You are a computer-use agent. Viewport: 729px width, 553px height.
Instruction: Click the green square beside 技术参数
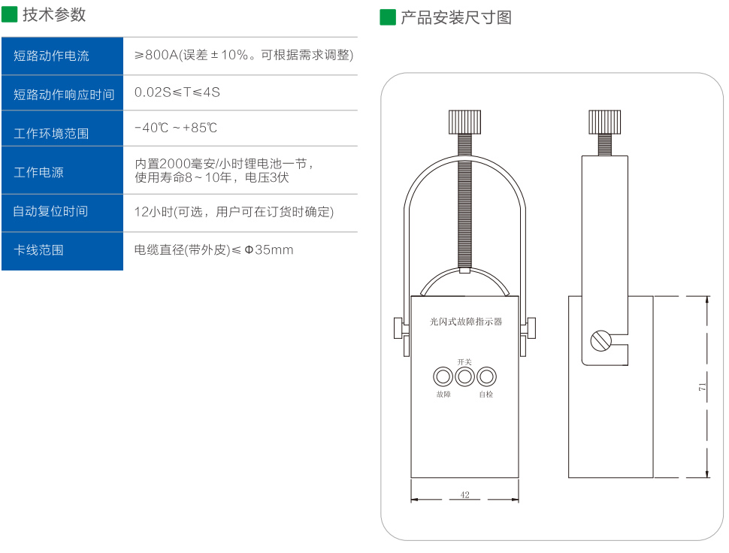pos(10,14)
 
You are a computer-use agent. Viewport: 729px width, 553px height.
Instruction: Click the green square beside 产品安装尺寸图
pos(388,17)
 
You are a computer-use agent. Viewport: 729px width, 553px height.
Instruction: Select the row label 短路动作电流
pos(51,56)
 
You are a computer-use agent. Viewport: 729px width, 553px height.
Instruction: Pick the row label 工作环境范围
pos(51,133)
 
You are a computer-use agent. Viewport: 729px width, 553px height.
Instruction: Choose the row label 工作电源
pos(38,172)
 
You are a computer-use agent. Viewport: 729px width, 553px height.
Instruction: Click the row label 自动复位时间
pos(50,211)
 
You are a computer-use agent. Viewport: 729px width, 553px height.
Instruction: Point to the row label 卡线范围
pos(38,250)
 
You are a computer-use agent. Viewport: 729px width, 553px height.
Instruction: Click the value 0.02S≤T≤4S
pos(177,92)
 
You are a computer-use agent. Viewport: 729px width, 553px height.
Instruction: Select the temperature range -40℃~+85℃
pos(176,128)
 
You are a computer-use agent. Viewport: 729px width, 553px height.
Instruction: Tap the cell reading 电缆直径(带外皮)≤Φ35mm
pos(213,249)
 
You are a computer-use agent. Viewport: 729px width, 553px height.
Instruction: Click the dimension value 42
pos(464,494)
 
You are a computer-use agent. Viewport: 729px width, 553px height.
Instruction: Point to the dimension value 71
pos(701,387)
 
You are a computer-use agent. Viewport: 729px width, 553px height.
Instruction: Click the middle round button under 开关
pos(465,376)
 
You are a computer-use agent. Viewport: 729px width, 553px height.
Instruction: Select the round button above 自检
pos(487,376)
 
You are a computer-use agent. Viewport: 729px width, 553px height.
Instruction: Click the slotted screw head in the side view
pos(601,340)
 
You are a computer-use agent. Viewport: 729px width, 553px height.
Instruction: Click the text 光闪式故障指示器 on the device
pos(465,322)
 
